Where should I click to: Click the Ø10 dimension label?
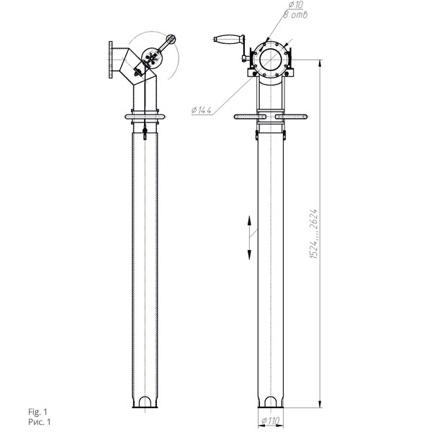pos(296,5)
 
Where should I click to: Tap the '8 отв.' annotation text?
pos(295,15)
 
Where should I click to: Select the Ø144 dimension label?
pos(202,110)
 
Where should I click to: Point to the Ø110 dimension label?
pos(270,420)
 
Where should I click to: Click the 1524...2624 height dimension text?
pos(313,233)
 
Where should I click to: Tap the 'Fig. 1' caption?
pos(37,412)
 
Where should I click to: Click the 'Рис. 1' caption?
pos(40,422)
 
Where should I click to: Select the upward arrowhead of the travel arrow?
pos(249,220)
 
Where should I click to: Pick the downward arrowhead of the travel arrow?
pos(249,255)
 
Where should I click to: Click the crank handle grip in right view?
pos(228,39)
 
